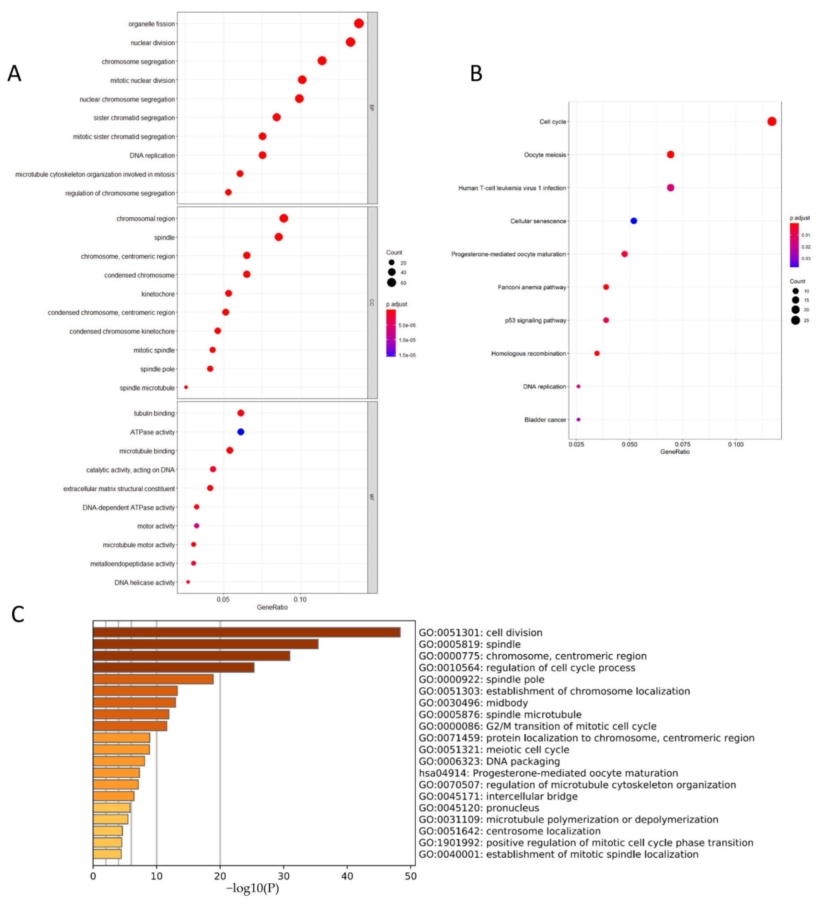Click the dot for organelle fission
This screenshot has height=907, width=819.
click(x=359, y=23)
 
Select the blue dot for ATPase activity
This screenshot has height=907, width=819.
click(x=241, y=432)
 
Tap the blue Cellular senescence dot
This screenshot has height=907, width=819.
click(x=634, y=221)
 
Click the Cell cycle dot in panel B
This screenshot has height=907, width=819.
click(x=772, y=121)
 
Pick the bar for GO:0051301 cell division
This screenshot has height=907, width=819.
click(x=246, y=632)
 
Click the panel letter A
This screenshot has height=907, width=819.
click(x=14, y=73)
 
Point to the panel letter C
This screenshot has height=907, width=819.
click(x=18, y=614)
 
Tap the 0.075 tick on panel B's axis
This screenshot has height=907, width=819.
click(x=683, y=444)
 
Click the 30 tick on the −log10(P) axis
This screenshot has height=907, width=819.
click(x=284, y=876)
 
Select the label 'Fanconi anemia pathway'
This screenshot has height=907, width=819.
click(x=532, y=287)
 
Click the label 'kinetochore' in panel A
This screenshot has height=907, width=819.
click(x=158, y=294)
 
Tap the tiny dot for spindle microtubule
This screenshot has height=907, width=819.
click(x=186, y=387)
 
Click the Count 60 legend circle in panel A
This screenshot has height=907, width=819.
click(x=392, y=282)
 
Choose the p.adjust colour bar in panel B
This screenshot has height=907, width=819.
click(x=794, y=245)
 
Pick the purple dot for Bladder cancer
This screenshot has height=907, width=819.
click(x=578, y=419)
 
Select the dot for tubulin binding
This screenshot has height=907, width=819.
click(x=241, y=413)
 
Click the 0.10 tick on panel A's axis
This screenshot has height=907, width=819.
click(x=300, y=599)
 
